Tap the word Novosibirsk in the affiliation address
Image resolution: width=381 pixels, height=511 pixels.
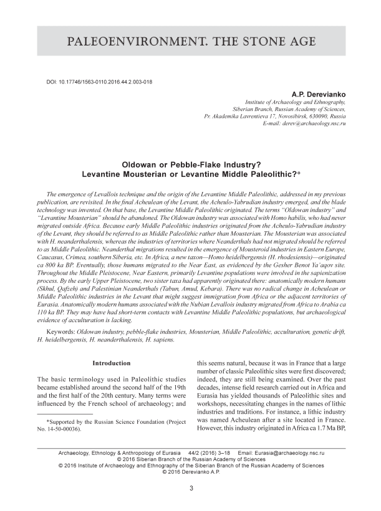tap(294, 117)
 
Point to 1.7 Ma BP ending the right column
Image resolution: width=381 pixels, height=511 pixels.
tap(326, 429)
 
